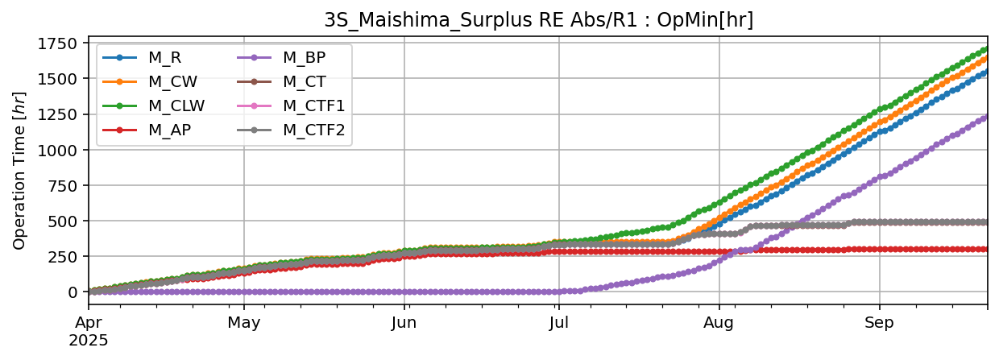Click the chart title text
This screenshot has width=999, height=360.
(538, 20)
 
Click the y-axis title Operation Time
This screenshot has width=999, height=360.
(19, 171)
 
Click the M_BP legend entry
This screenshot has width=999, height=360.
(303, 57)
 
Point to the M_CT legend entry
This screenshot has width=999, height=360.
(303, 81)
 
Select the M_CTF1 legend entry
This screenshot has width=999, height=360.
(313, 106)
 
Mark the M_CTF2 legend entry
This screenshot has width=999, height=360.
(313, 130)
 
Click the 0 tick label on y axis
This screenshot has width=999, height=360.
(73, 292)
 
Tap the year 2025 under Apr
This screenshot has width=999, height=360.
(89, 340)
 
